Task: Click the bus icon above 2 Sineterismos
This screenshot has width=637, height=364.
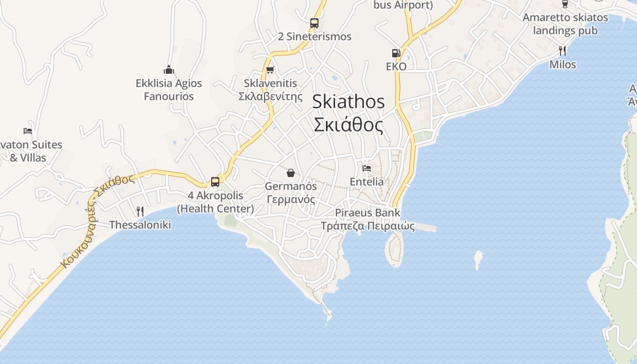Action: (x=314, y=23)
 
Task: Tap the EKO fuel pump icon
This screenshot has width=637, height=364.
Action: (x=396, y=53)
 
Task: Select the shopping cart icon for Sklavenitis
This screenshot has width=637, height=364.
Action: (x=270, y=70)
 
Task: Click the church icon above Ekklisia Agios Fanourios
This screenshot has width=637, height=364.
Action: (x=169, y=70)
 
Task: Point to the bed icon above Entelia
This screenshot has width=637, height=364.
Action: (x=366, y=168)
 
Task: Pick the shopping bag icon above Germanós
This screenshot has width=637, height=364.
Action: (x=290, y=173)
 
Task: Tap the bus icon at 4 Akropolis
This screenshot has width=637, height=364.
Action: (x=215, y=182)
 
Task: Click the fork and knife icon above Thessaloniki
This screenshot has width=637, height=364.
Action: (x=140, y=211)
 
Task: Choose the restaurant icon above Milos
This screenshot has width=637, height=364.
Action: (x=562, y=51)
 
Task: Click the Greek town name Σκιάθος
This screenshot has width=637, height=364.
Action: (x=349, y=124)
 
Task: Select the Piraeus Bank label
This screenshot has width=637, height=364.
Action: (x=368, y=212)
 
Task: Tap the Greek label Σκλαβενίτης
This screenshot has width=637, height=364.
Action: (x=270, y=96)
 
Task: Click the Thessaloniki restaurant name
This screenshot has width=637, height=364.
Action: (x=140, y=225)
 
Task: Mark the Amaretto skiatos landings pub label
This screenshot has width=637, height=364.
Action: (x=565, y=24)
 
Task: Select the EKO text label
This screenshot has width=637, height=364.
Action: (x=396, y=66)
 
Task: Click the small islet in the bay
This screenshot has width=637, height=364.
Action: (x=478, y=259)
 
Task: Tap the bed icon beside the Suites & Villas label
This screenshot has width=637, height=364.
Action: (x=28, y=131)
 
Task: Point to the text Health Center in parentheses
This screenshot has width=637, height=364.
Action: (x=215, y=209)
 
